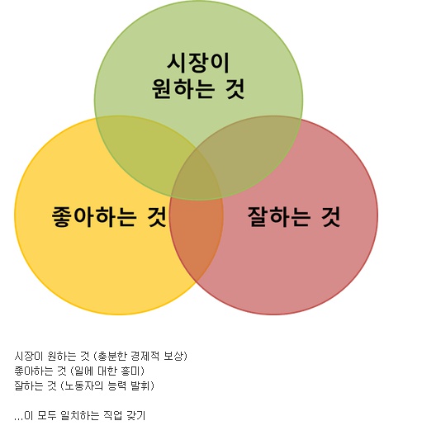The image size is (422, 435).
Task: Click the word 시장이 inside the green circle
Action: point(198,64)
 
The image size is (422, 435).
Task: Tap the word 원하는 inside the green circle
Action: point(183,89)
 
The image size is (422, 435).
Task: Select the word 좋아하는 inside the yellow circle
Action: point(94,216)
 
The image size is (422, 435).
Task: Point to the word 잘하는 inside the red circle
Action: point(278,216)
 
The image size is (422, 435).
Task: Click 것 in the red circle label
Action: point(330,216)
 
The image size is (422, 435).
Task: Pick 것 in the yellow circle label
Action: point(157,216)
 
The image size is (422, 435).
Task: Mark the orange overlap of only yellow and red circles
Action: point(197,236)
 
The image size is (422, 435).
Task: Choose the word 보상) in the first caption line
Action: point(175,356)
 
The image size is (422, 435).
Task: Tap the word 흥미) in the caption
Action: point(133,371)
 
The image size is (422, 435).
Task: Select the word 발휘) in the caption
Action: point(142,386)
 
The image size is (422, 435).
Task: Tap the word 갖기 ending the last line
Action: point(135,415)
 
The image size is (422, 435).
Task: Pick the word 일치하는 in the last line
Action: point(80,415)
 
